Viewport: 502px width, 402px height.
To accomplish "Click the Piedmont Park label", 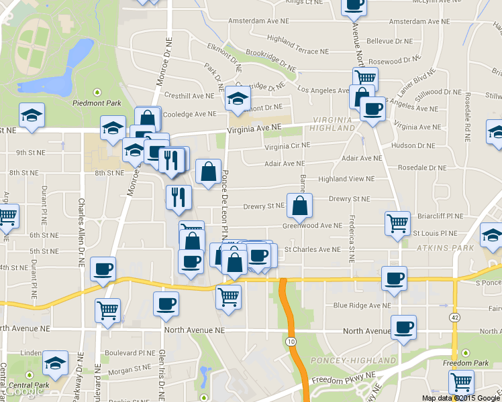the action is (x=97, y=103).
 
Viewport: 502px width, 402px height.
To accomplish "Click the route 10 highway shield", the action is (x=290, y=342).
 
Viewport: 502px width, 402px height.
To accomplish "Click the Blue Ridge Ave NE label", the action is (x=362, y=306).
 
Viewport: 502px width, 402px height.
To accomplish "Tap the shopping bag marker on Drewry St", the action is (x=299, y=206).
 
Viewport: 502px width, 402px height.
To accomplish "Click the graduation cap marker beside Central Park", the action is (x=55, y=364).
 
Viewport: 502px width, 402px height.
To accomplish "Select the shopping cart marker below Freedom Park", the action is (x=460, y=381).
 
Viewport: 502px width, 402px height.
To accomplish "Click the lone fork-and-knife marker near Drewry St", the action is (x=179, y=196).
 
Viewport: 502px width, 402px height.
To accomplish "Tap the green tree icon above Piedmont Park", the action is (x=97, y=92).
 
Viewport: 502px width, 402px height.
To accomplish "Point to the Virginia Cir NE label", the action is (x=287, y=145).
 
